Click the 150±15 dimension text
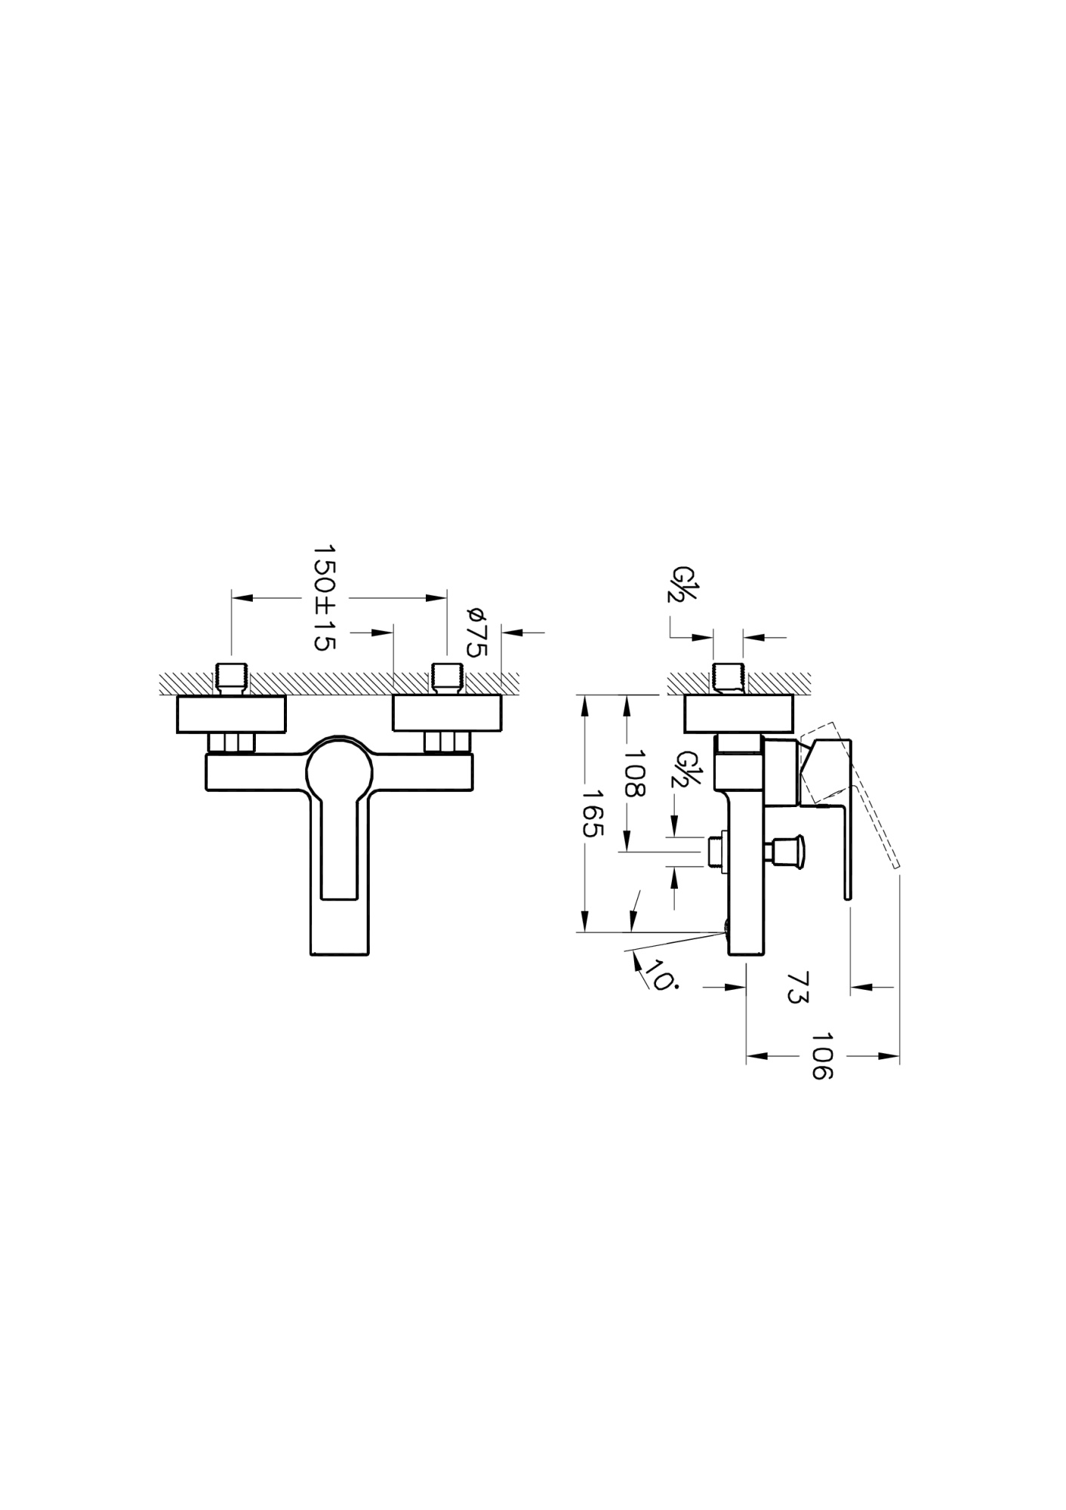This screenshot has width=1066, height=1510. tap(325, 597)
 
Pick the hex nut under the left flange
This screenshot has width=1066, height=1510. tap(232, 743)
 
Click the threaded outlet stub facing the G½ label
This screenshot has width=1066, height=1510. tap(716, 852)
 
